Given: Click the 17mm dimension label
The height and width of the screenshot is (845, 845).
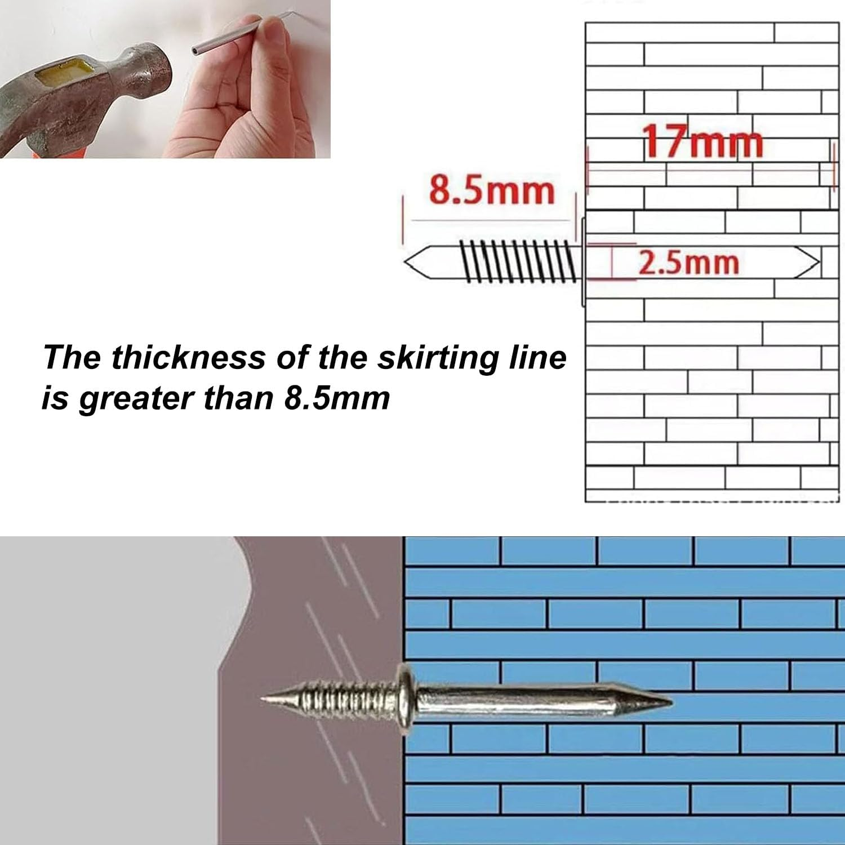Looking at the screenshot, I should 703,141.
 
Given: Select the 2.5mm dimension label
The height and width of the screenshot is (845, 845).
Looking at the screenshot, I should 688,263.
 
